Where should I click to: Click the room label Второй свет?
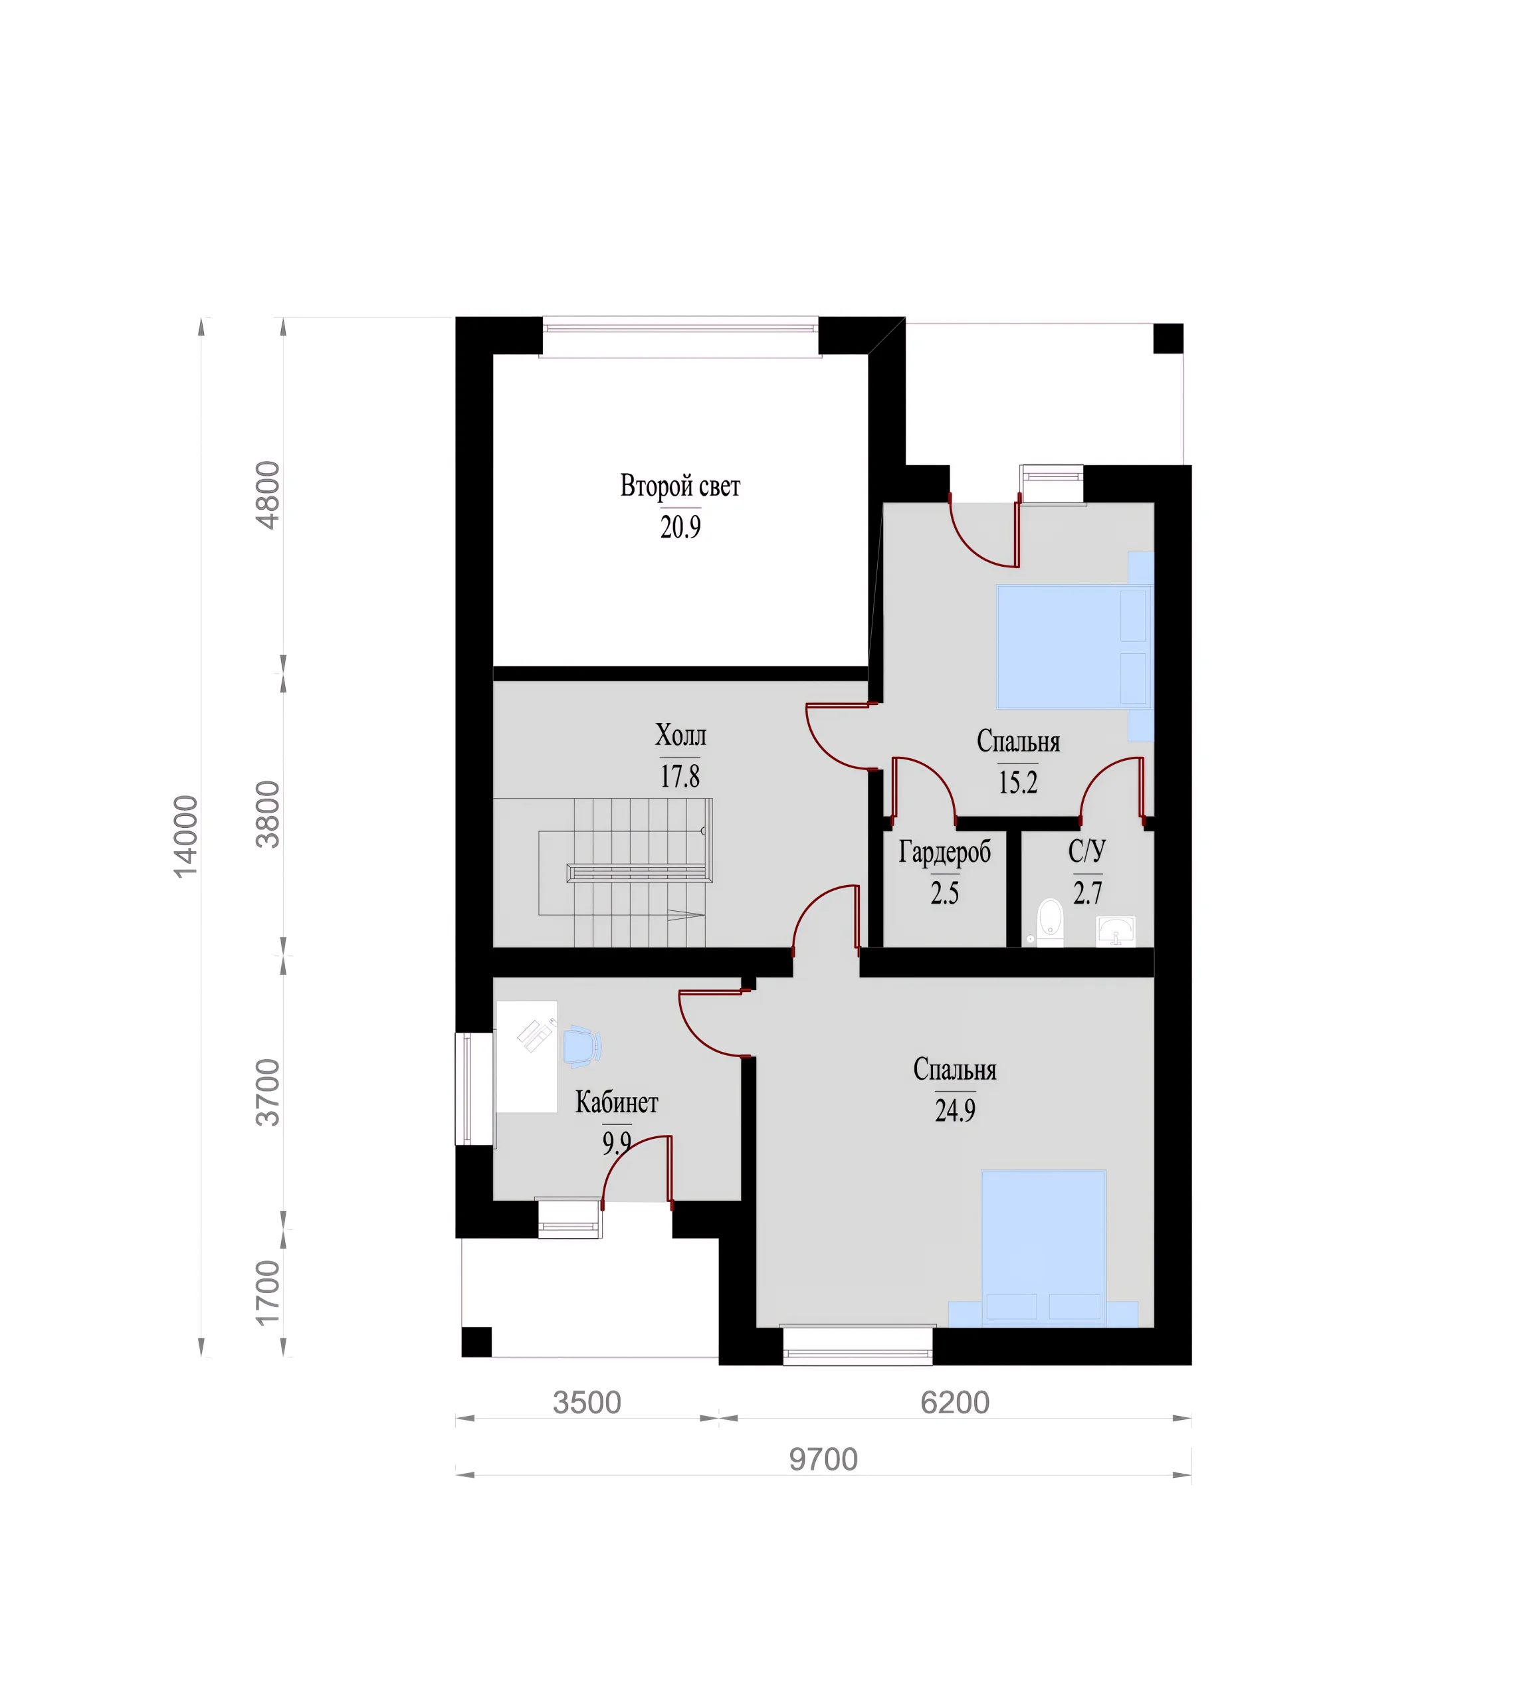tap(680, 486)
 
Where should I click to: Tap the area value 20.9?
tap(680, 527)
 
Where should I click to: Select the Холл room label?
tap(680, 736)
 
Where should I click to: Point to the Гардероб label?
tap(945, 852)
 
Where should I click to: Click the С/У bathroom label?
tap(1087, 850)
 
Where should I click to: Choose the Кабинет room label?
tap(617, 1102)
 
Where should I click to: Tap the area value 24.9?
tap(955, 1110)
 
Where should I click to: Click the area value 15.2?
tap(1018, 782)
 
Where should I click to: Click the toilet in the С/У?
tap(1050, 922)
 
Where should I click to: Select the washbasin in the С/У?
tap(1116, 932)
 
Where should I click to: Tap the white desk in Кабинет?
tap(526, 1056)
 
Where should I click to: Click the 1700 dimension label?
tap(268, 1292)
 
